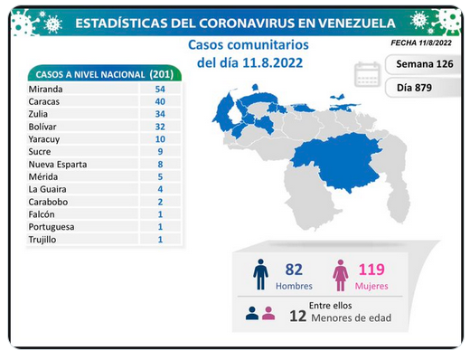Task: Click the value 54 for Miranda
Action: coord(160,89)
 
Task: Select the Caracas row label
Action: coord(44,101)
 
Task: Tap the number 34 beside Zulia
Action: coord(160,114)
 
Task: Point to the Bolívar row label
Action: coord(42,127)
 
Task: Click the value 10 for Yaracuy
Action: coord(160,139)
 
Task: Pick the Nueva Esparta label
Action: coord(58,165)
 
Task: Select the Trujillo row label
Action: coord(42,240)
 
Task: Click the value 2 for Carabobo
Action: coord(160,202)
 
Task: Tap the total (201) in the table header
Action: coord(162,74)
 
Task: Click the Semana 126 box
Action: coord(423,64)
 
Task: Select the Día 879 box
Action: coord(423,88)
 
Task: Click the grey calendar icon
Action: coord(367,74)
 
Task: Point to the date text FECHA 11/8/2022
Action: coord(421,43)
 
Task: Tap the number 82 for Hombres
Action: coord(294,270)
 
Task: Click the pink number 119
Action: coord(371,270)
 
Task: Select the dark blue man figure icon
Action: coord(260,274)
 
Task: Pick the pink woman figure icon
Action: coord(341,275)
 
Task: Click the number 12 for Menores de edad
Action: coord(298,316)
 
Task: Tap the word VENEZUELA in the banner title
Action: coord(356,24)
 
